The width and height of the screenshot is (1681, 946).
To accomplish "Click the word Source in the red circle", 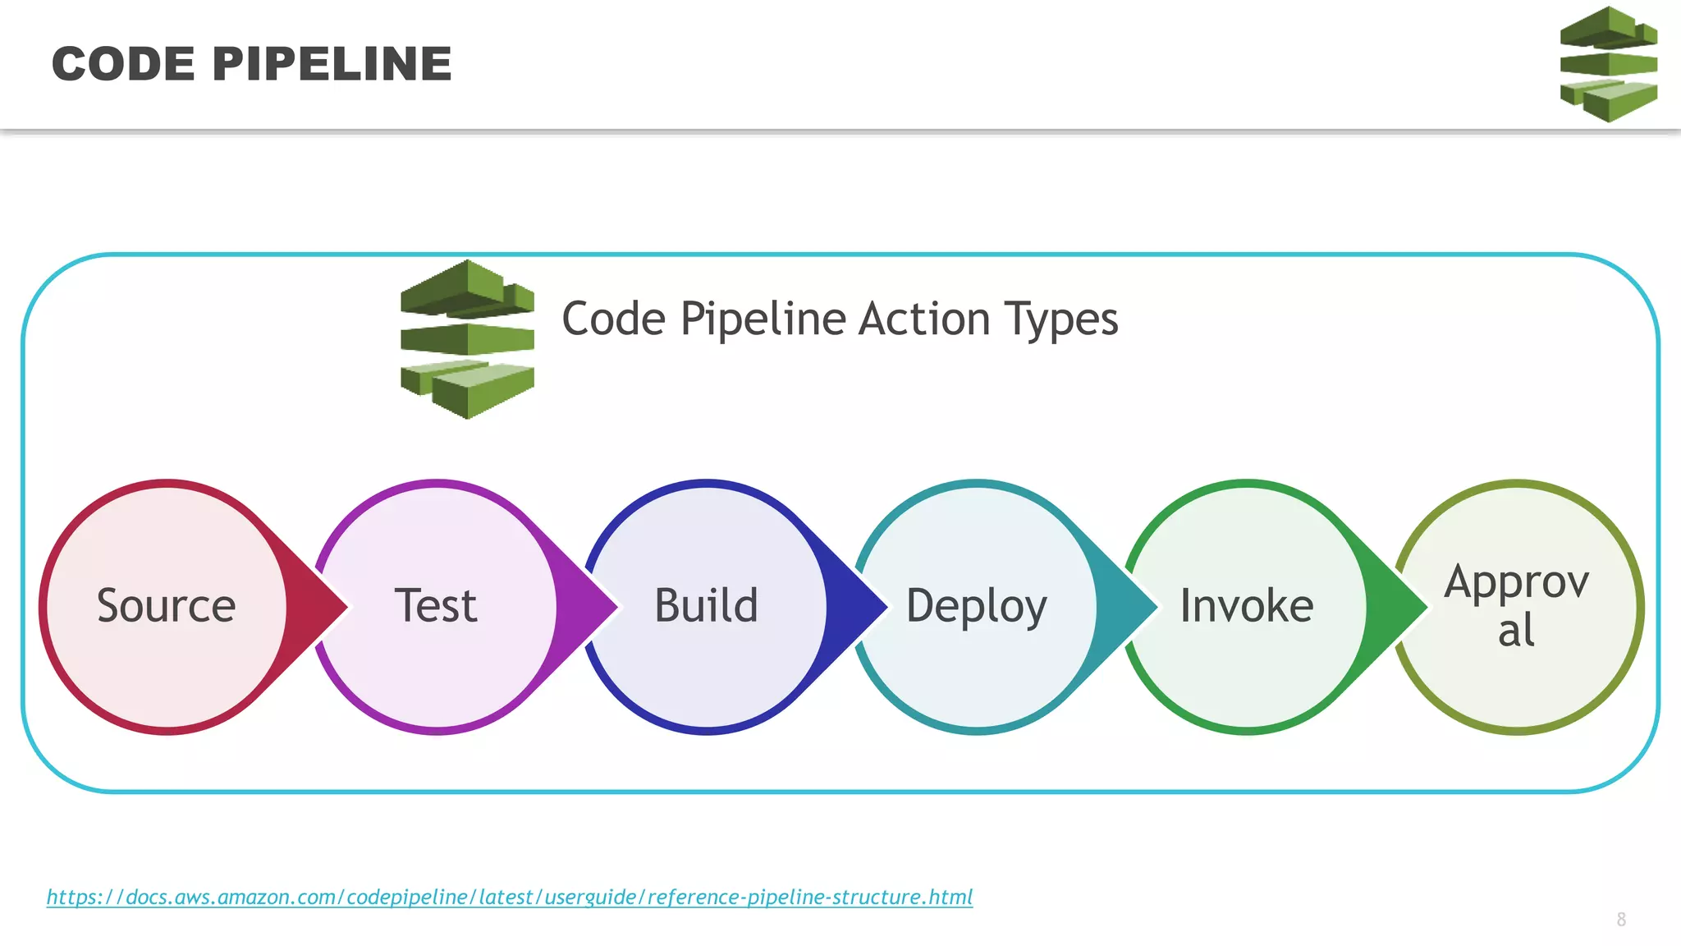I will (x=166, y=606).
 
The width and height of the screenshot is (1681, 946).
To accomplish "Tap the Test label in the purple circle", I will (x=436, y=606).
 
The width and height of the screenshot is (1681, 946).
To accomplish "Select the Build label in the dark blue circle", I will (x=706, y=606).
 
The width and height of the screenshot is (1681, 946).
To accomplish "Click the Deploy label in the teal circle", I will (x=976, y=608).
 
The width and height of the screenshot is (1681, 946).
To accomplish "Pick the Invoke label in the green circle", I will (x=1246, y=606).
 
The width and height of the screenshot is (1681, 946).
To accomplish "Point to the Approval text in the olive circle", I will (x=1516, y=606).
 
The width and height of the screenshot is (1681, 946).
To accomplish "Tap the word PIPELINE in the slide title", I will (x=332, y=64).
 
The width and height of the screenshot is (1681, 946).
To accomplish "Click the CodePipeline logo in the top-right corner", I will (x=1608, y=64).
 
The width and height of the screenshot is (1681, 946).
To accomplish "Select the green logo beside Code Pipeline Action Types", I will (x=467, y=339).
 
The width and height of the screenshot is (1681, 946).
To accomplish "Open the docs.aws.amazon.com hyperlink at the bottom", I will (x=509, y=897).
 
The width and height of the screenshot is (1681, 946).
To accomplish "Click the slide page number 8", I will (x=1621, y=920).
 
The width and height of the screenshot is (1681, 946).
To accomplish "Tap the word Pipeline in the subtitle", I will (x=763, y=320).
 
